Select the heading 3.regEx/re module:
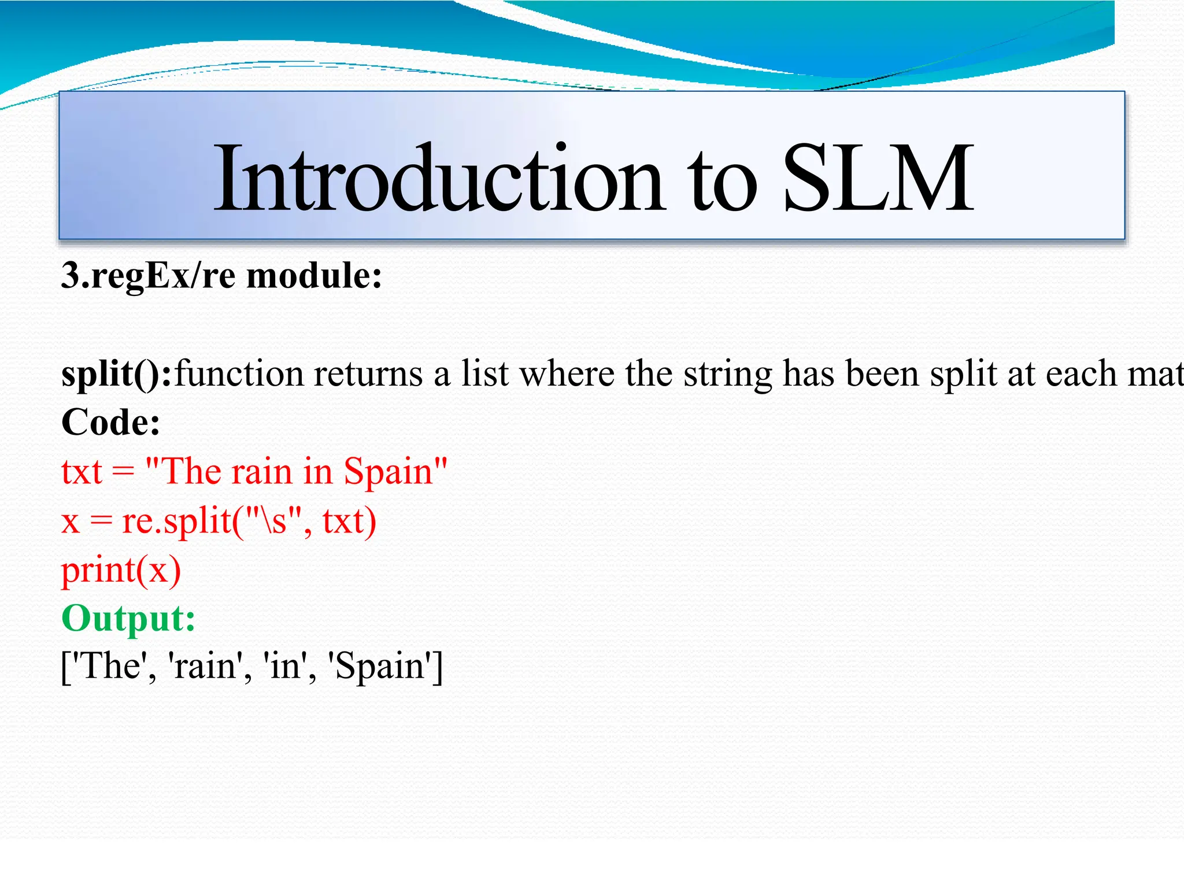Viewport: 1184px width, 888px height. coord(221,275)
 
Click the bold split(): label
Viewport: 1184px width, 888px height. coord(116,374)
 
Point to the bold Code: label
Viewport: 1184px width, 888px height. coord(110,423)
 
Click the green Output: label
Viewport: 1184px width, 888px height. coord(128,618)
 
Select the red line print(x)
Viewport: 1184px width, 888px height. coord(121,571)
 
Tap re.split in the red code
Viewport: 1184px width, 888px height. coord(176,521)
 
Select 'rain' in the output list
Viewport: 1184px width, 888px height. coord(205,667)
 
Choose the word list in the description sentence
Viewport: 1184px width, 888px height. coord(485,374)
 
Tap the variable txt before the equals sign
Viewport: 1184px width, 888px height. coord(82,472)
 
